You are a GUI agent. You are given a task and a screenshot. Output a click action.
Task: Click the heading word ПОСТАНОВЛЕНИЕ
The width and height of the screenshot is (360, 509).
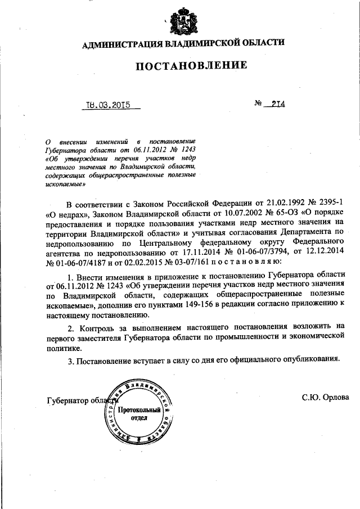coord(191,66)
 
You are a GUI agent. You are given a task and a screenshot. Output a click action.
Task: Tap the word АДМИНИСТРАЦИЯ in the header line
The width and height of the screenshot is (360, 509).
coord(116,43)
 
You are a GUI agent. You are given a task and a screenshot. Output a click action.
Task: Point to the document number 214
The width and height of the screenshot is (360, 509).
coord(276,105)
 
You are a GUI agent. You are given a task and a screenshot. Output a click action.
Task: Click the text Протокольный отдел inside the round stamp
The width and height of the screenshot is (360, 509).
coord(139,414)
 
